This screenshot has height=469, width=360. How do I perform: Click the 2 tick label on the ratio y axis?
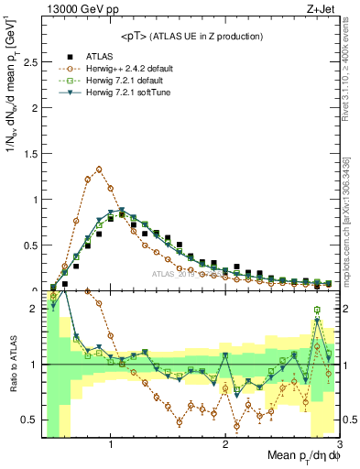point(33,310)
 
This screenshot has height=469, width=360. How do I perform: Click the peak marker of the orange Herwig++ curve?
point(99,169)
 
